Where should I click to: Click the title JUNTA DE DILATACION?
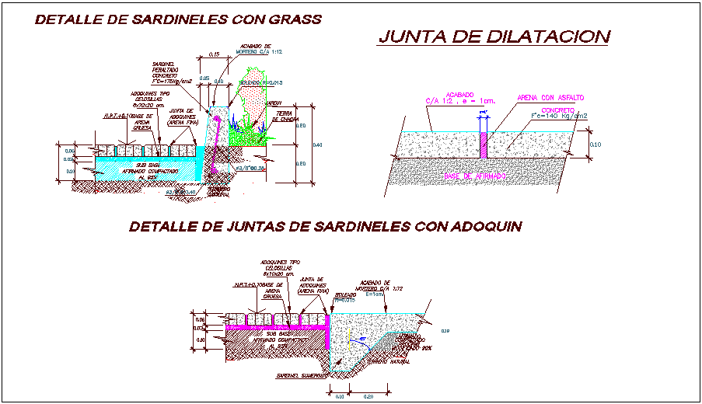point(493,37)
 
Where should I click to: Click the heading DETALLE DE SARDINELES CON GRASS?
point(178,20)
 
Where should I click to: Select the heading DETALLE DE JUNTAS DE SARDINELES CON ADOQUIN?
point(324,226)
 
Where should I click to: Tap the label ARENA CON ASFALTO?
point(550,98)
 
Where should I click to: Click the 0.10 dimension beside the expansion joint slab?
point(595,144)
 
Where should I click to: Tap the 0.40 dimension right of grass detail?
point(317,145)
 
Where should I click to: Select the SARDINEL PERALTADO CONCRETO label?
point(166,71)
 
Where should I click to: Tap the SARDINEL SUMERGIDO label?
point(298,376)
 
